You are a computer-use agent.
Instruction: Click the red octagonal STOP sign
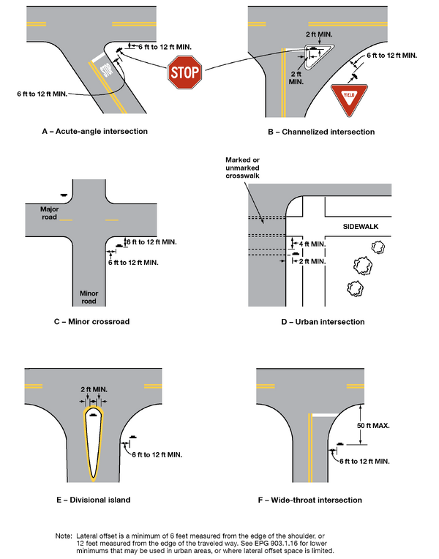(x=186, y=72)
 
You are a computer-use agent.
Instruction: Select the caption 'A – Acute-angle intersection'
(x=95, y=132)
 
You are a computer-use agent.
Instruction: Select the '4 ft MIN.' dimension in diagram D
(x=311, y=243)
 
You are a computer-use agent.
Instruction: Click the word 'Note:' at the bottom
(x=64, y=536)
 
